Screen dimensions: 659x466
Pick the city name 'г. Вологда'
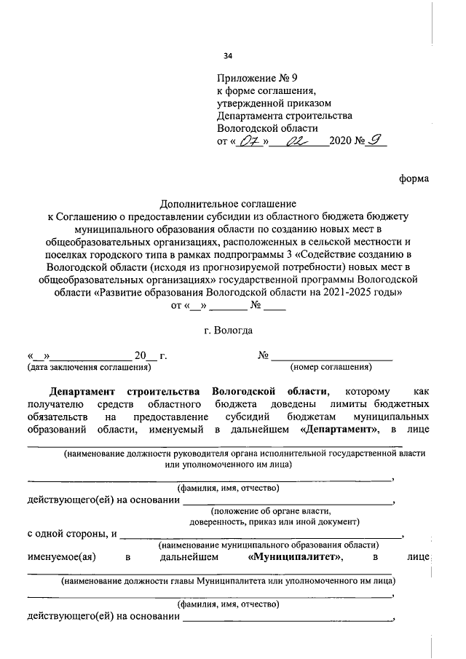pos(229,330)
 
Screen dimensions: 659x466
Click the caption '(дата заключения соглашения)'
pos(84,367)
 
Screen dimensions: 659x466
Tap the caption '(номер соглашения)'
pos(331,367)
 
